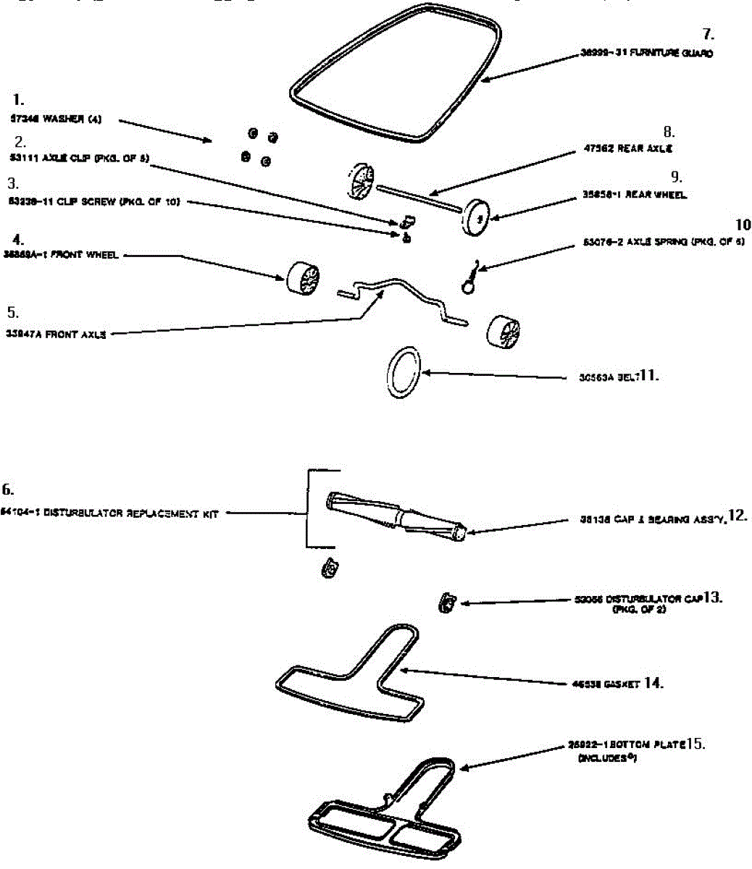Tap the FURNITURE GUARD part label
pyautogui.click(x=646, y=53)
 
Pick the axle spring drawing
pyautogui.click(x=470, y=279)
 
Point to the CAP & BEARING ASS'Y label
pyautogui.click(x=651, y=519)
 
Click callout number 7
pyautogui.click(x=708, y=35)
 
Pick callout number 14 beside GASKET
pyautogui.click(x=653, y=683)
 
